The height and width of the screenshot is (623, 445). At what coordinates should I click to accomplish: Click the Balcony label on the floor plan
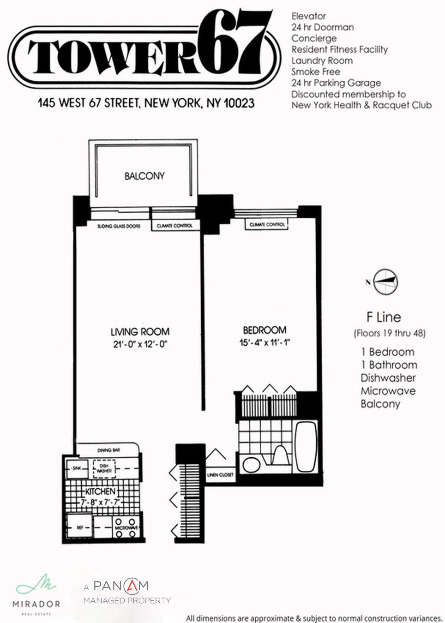pos(144,176)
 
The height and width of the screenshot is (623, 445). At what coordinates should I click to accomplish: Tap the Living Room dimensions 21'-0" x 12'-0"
pos(139,344)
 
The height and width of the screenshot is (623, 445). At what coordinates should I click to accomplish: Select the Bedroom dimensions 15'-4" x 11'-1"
pos(264,342)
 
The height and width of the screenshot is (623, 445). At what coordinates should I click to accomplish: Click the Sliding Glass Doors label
pos(119,226)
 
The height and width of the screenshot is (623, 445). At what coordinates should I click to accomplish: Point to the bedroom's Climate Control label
pos(267,225)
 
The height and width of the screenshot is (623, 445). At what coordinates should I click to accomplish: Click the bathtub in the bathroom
pos(306,446)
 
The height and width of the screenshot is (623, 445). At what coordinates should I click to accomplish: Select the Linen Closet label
pos(220,475)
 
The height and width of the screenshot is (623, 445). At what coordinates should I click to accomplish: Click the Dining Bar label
pos(109,450)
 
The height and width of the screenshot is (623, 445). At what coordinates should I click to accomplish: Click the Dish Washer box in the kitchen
pos(104,468)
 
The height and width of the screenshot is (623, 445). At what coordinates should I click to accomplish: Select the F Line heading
pos(383,317)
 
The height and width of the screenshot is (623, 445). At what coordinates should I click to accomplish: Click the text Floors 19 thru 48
pos(389,333)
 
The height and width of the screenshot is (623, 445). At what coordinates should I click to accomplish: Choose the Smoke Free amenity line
pos(315,72)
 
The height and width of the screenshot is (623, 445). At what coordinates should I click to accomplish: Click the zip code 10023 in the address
pos(239,103)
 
